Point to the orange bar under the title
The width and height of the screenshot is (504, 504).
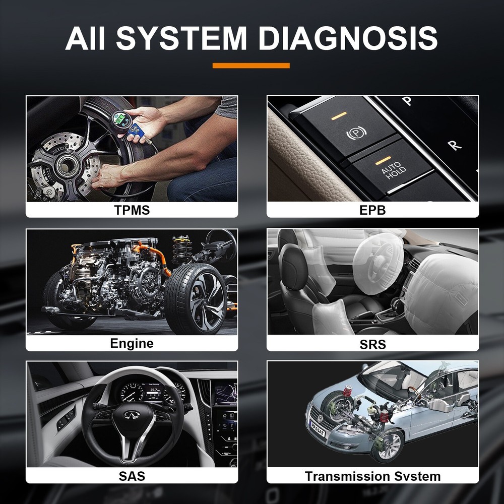coord(251,66)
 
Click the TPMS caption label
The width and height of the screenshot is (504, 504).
coord(132,210)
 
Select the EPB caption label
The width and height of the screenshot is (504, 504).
coord(373,210)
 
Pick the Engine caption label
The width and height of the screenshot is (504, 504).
coord(132,344)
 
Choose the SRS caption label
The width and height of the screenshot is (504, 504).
coord(373,344)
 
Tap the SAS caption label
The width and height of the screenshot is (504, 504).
coord(132,476)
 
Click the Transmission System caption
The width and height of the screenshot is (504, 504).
coord(373,476)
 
